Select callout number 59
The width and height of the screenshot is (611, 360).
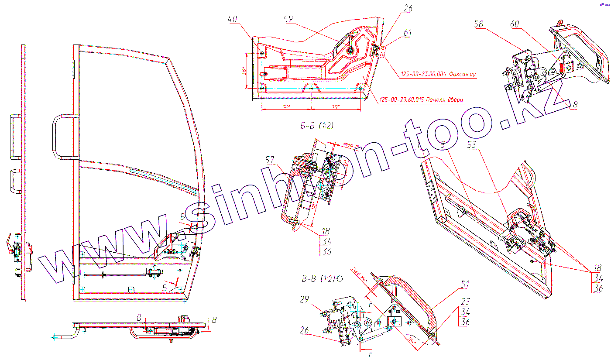pyautogui.click(x=288, y=19)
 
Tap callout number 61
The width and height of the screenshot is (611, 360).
pyautogui.click(x=408, y=32)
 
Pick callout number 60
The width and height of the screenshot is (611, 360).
pyautogui.click(x=515, y=25)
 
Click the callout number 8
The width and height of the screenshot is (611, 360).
pyautogui.click(x=575, y=105)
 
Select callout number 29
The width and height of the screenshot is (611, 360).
pyautogui.click(x=305, y=299)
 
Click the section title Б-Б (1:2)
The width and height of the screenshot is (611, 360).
pyautogui.click(x=317, y=126)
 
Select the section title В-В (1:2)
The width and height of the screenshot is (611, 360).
pyautogui.click(x=318, y=278)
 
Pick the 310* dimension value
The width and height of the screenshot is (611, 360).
pyautogui.click(x=286, y=106)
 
